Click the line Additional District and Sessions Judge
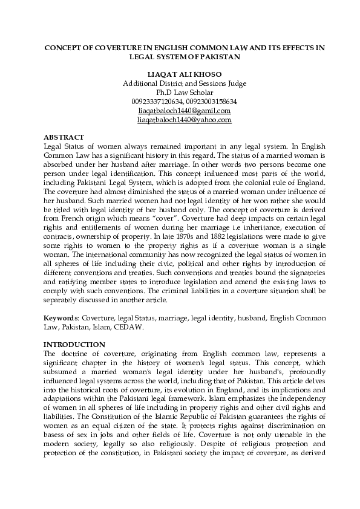point(184,83)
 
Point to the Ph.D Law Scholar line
point(184,92)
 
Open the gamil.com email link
point(184,111)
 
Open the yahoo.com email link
point(184,120)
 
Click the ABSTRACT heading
point(65,137)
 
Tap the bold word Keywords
point(62,317)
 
